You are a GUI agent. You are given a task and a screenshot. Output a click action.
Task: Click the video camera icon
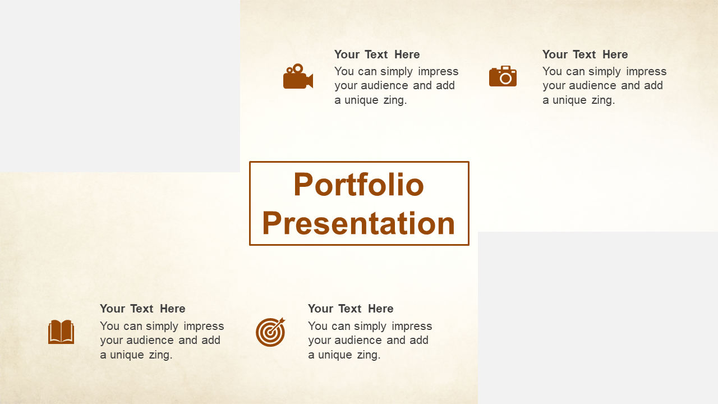tap(298, 77)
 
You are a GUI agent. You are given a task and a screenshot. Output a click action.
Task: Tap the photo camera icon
tap(503, 76)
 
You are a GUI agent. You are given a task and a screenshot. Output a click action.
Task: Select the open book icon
tap(61, 332)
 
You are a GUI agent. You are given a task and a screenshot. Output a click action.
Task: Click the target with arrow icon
tap(270, 332)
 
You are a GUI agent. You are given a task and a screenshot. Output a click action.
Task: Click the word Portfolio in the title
tap(358, 185)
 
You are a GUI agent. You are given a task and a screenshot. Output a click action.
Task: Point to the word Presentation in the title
tap(358, 223)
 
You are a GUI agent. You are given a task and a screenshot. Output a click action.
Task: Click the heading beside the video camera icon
tap(377, 54)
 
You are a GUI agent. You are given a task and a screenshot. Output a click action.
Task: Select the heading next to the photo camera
tap(585, 54)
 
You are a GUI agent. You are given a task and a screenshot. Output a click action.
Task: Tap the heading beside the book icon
tap(142, 309)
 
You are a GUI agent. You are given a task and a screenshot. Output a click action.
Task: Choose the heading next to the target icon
tap(351, 309)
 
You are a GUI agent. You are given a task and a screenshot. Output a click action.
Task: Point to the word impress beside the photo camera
tap(646, 71)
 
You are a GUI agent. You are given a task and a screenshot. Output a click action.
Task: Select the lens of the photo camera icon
tap(505, 79)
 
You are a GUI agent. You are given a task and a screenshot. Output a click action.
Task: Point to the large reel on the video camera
tap(298, 68)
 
